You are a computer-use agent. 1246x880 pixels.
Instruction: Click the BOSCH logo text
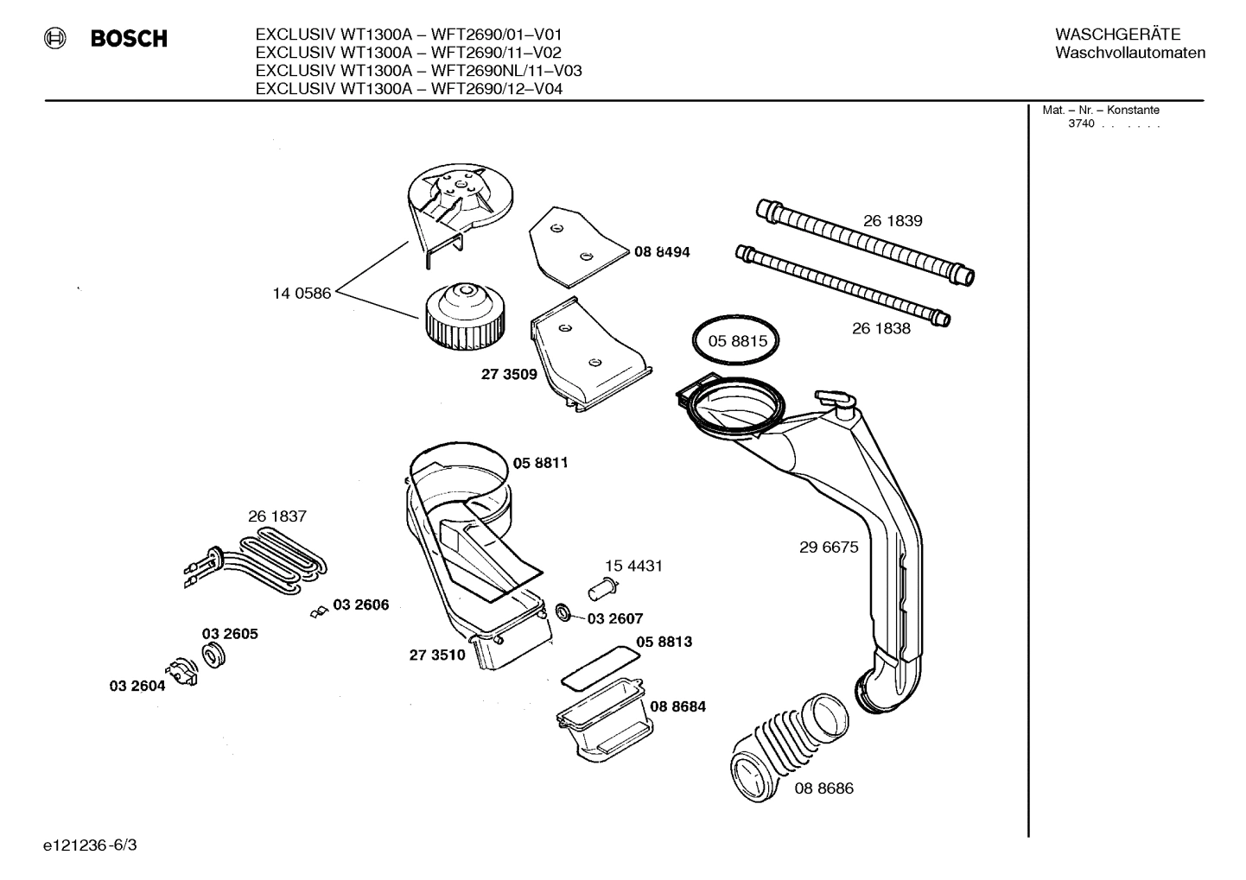(x=129, y=39)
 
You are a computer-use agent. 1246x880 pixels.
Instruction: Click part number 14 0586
(x=302, y=294)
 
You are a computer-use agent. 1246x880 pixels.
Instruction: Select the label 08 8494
(x=662, y=252)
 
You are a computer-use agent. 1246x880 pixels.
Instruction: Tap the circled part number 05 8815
(x=737, y=341)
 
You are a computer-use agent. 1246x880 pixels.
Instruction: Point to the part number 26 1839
(x=893, y=221)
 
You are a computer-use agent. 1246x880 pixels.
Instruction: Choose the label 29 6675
(x=829, y=548)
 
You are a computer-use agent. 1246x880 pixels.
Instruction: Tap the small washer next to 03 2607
(x=563, y=613)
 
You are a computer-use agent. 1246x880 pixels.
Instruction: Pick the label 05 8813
(x=664, y=643)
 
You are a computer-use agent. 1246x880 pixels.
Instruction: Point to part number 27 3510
(x=436, y=655)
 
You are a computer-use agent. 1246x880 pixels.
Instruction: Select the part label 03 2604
(x=137, y=686)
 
